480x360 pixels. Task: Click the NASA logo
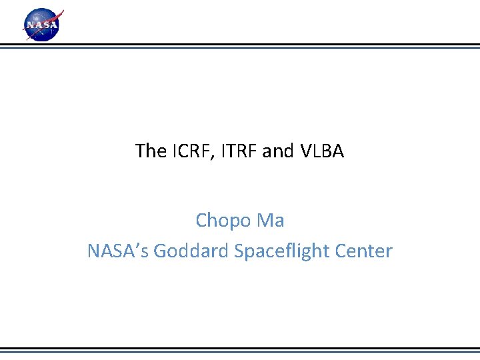tap(43, 25)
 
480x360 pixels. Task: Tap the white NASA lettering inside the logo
tap(41, 26)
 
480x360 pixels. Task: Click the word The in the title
tap(150, 151)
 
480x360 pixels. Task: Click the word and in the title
tap(277, 151)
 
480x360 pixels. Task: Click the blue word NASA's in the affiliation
tap(118, 251)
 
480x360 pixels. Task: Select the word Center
tap(363, 251)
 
